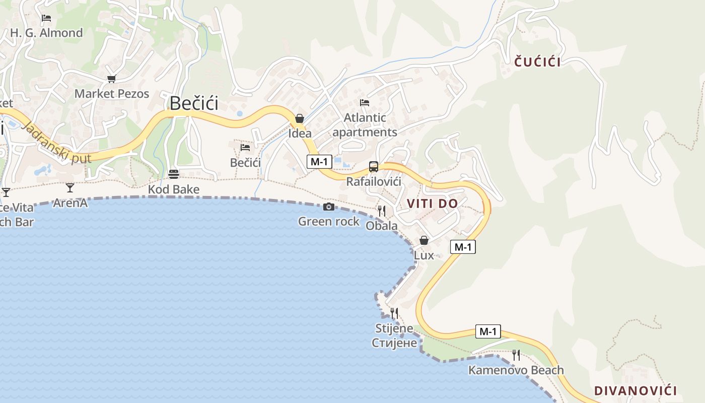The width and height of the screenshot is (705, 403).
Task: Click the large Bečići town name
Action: click(x=194, y=103)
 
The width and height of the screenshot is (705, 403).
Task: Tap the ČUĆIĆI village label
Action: click(x=537, y=62)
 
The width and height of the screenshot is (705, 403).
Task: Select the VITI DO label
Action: click(x=432, y=204)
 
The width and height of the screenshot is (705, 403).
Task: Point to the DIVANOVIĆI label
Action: click(x=636, y=390)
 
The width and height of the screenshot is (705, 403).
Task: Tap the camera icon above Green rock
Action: click(x=328, y=207)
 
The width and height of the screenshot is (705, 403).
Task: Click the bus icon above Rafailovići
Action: click(x=373, y=167)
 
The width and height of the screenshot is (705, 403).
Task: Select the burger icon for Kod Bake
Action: click(x=174, y=174)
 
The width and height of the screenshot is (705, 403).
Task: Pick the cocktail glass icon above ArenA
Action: click(x=70, y=188)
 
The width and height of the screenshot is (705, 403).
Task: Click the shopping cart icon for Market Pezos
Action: click(x=111, y=79)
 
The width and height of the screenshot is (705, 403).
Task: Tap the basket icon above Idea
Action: click(x=300, y=118)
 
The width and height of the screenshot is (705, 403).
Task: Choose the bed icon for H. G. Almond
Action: click(x=46, y=18)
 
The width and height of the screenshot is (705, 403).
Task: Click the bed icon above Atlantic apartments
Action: click(x=365, y=103)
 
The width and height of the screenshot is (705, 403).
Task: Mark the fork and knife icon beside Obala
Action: click(x=382, y=211)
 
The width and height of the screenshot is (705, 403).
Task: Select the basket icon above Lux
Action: click(x=424, y=241)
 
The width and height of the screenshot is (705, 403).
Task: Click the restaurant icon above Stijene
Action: click(x=394, y=313)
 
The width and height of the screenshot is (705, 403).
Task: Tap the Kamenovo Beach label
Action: click(x=516, y=370)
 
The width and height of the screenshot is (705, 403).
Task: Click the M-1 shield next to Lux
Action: click(x=463, y=247)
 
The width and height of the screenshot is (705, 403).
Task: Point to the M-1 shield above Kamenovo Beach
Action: click(x=488, y=331)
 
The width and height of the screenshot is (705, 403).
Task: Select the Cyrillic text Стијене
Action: click(x=394, y=343)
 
